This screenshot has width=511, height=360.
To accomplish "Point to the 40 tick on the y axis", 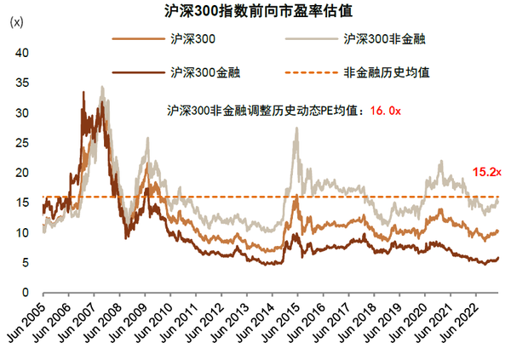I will click(23, 53).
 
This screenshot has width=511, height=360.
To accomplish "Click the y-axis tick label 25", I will click(23, 143).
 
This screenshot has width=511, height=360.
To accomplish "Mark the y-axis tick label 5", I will click(26, 262).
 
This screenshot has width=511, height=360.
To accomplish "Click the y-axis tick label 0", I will click(26, 292).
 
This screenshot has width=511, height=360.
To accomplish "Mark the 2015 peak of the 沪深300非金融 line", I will click(296, 129).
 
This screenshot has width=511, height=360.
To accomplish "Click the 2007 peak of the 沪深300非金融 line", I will click(102, 86).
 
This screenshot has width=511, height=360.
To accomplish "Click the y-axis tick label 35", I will click(23, 83).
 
